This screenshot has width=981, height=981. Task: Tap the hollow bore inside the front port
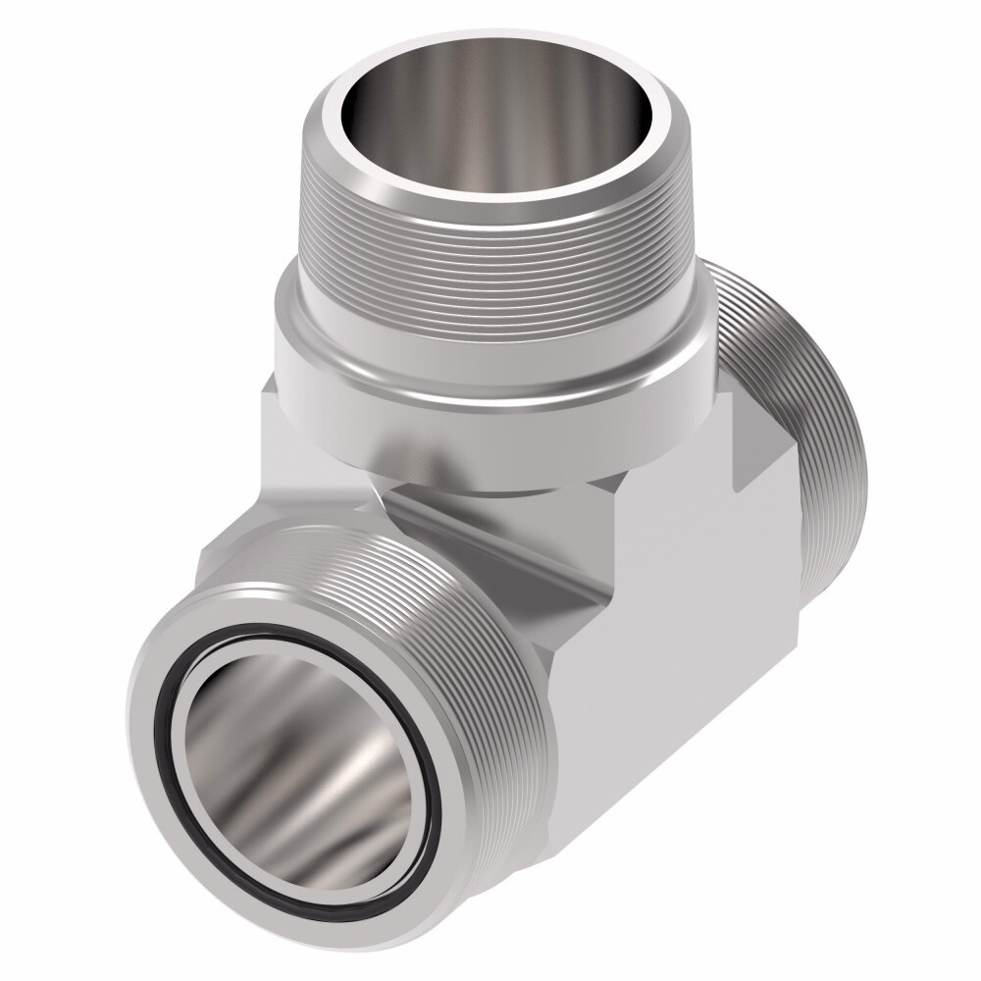click(294, 765)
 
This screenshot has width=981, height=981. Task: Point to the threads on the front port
click(471, 628)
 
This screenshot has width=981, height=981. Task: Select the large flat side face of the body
click(677, 628)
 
